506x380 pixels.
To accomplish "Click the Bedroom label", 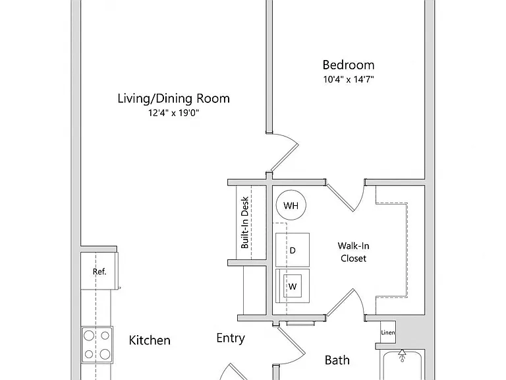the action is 349,65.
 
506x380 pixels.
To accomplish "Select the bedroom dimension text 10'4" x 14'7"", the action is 349,79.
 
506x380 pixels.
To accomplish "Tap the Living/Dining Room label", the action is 174,98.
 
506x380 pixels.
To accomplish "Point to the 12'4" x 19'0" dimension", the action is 174,113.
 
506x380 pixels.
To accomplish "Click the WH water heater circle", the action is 291,205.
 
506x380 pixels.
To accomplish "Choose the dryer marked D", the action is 293,250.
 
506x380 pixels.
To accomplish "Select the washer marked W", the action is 293,286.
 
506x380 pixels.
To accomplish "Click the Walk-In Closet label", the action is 353,252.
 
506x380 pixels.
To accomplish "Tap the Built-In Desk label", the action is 245,222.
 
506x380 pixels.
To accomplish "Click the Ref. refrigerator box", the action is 99,271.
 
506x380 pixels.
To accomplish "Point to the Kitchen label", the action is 150,340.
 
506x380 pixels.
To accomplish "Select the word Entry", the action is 231,338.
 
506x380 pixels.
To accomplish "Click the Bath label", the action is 337,360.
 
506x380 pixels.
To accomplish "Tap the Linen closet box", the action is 388,332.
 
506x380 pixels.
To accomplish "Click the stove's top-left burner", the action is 89,336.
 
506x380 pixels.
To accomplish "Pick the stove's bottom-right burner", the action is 105,354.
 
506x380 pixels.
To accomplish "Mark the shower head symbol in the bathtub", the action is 402,355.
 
